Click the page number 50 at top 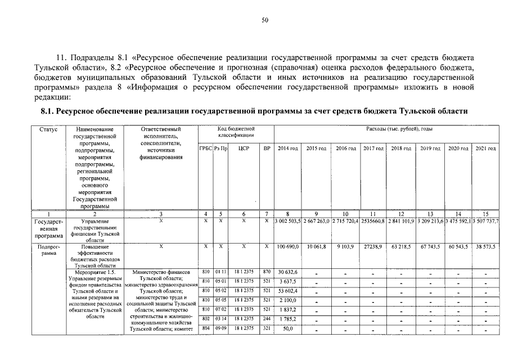pyautogui.click(x=265, y=20)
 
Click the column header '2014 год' pyautogui.click(x=287, y=148)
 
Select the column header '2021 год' pyautogui.click(x=486, y=148)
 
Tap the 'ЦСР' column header pyautogui.click(x=244, y=148)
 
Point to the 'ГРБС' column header pyautogui.click(x=205, y=148)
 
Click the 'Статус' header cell pyautogui.click(x=48, y=129)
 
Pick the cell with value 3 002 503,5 pyautogui.click(x=287, y=222)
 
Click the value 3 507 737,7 pyautogui.click(x=486, y=222)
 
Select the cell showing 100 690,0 pyautogui.click(x=287, y=246)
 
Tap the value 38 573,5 pyautogui.click(x=486, y=246)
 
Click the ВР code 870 pyautogui.click(x=267, y=272)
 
